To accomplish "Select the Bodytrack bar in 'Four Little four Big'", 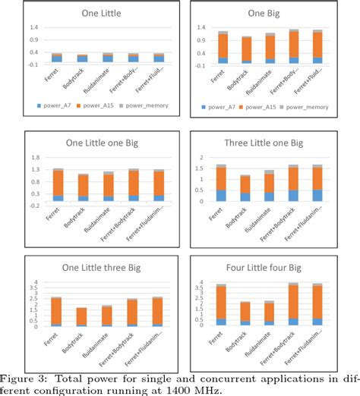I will coord(245,313).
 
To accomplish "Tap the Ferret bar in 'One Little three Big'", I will coord(56,312).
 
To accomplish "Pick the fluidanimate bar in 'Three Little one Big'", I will coord(269,186).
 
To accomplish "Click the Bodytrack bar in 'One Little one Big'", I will coord(84,187).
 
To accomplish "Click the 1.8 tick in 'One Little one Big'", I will coord(35,158).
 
